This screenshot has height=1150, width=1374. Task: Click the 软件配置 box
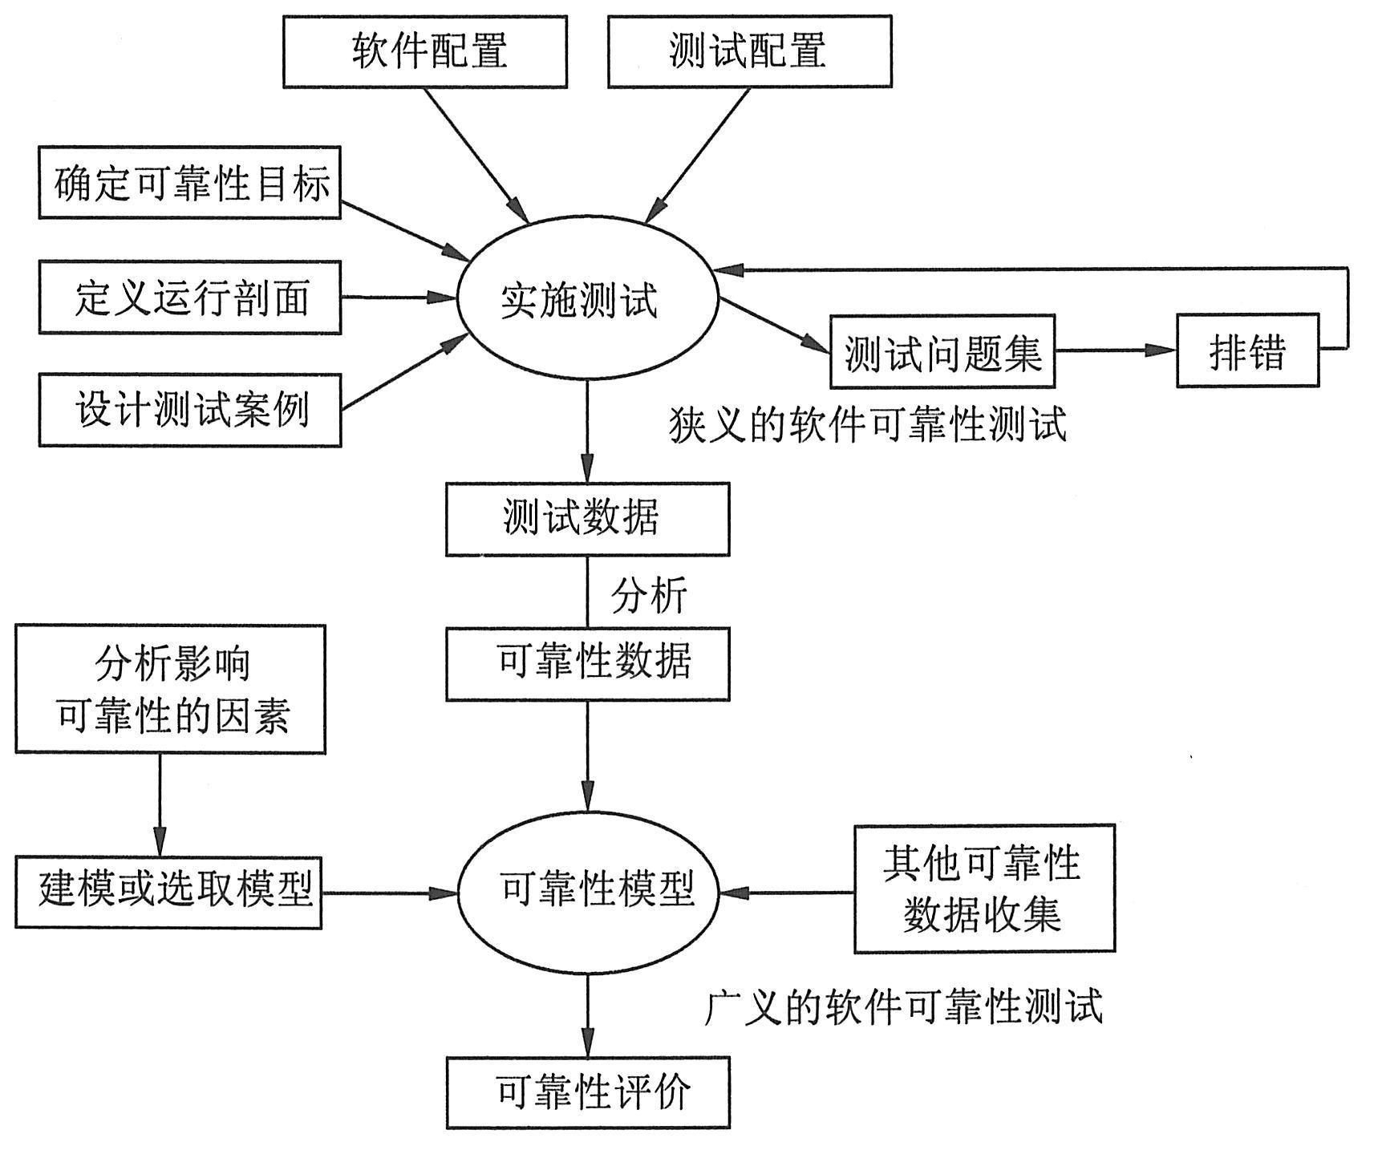tap(425, 51)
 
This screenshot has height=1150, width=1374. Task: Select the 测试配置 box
tap(749, 51)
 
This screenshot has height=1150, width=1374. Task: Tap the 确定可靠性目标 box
tap(190, 183)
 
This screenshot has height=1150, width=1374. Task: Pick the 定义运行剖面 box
tap(190, 298)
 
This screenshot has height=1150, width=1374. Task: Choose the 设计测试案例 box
tap(190, 411)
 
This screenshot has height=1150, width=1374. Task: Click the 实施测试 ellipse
tap(586, 301)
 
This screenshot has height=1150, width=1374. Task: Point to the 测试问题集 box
tap(942, 351)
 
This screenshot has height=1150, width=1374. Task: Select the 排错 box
tap(1246, 351)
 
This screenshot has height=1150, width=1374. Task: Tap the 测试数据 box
tap(587, 519)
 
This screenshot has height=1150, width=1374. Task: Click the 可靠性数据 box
tap(587, 664)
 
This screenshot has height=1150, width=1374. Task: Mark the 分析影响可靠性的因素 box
tap(171, 689)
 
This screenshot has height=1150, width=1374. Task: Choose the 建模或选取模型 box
tap(168, 893)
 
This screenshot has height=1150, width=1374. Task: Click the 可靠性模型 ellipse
tap(588, 891)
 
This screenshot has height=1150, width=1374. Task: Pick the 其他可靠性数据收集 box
tap(984, 889)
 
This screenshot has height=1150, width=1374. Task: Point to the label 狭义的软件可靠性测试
tap(868, 425)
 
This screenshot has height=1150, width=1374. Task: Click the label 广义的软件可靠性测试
tap(903, 1006)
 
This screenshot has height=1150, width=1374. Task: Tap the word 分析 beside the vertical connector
tap(649, 596)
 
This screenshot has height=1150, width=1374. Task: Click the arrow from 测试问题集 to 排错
tap(1115, 350)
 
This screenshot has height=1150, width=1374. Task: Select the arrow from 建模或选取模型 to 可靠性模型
tap(389, 893)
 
